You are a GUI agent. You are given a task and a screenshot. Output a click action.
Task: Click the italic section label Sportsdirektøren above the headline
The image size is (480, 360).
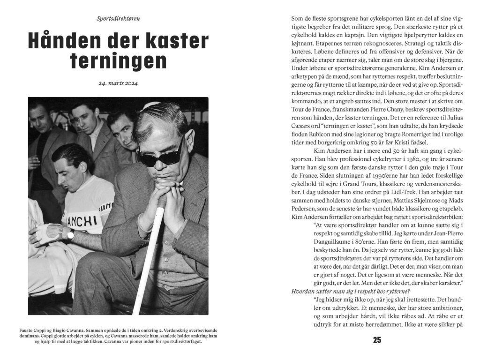[x=118, y=19]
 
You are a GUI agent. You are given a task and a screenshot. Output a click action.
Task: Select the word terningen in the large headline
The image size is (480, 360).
[x=118, y=61]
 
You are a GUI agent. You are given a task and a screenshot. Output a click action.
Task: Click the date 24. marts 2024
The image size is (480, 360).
[x=118, y=84]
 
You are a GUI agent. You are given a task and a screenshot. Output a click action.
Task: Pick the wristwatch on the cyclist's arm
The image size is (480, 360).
[x=70, y=234]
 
